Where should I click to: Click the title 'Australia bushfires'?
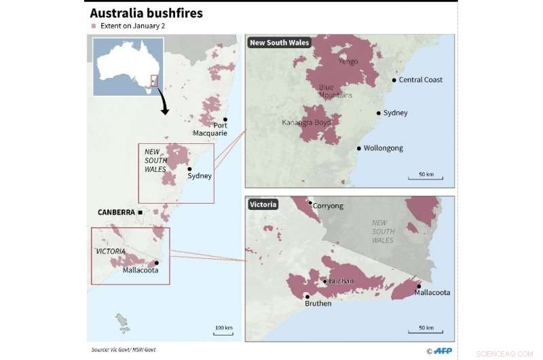[x=147, y=13]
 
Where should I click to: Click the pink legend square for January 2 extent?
[x=94, y=26]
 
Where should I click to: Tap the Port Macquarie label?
[x=210, y=129]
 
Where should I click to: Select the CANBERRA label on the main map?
[x=115, y=212]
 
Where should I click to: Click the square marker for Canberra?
[x=140, y=213]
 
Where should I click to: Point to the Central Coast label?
[x=420, y=80]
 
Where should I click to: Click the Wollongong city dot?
[x=358, y=148]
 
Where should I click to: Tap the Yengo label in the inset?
[x=348, y=60]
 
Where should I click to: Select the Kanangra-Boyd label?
[x=306, y=123]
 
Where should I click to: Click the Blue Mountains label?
[x=335, y=91]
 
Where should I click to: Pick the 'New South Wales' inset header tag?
[x=279, y=43]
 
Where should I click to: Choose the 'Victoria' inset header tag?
[x=262, y=204]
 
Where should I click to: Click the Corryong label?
[x=328, y=206]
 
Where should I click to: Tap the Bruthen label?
[x=318, y=304]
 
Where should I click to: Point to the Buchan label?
[x=341, y=281]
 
